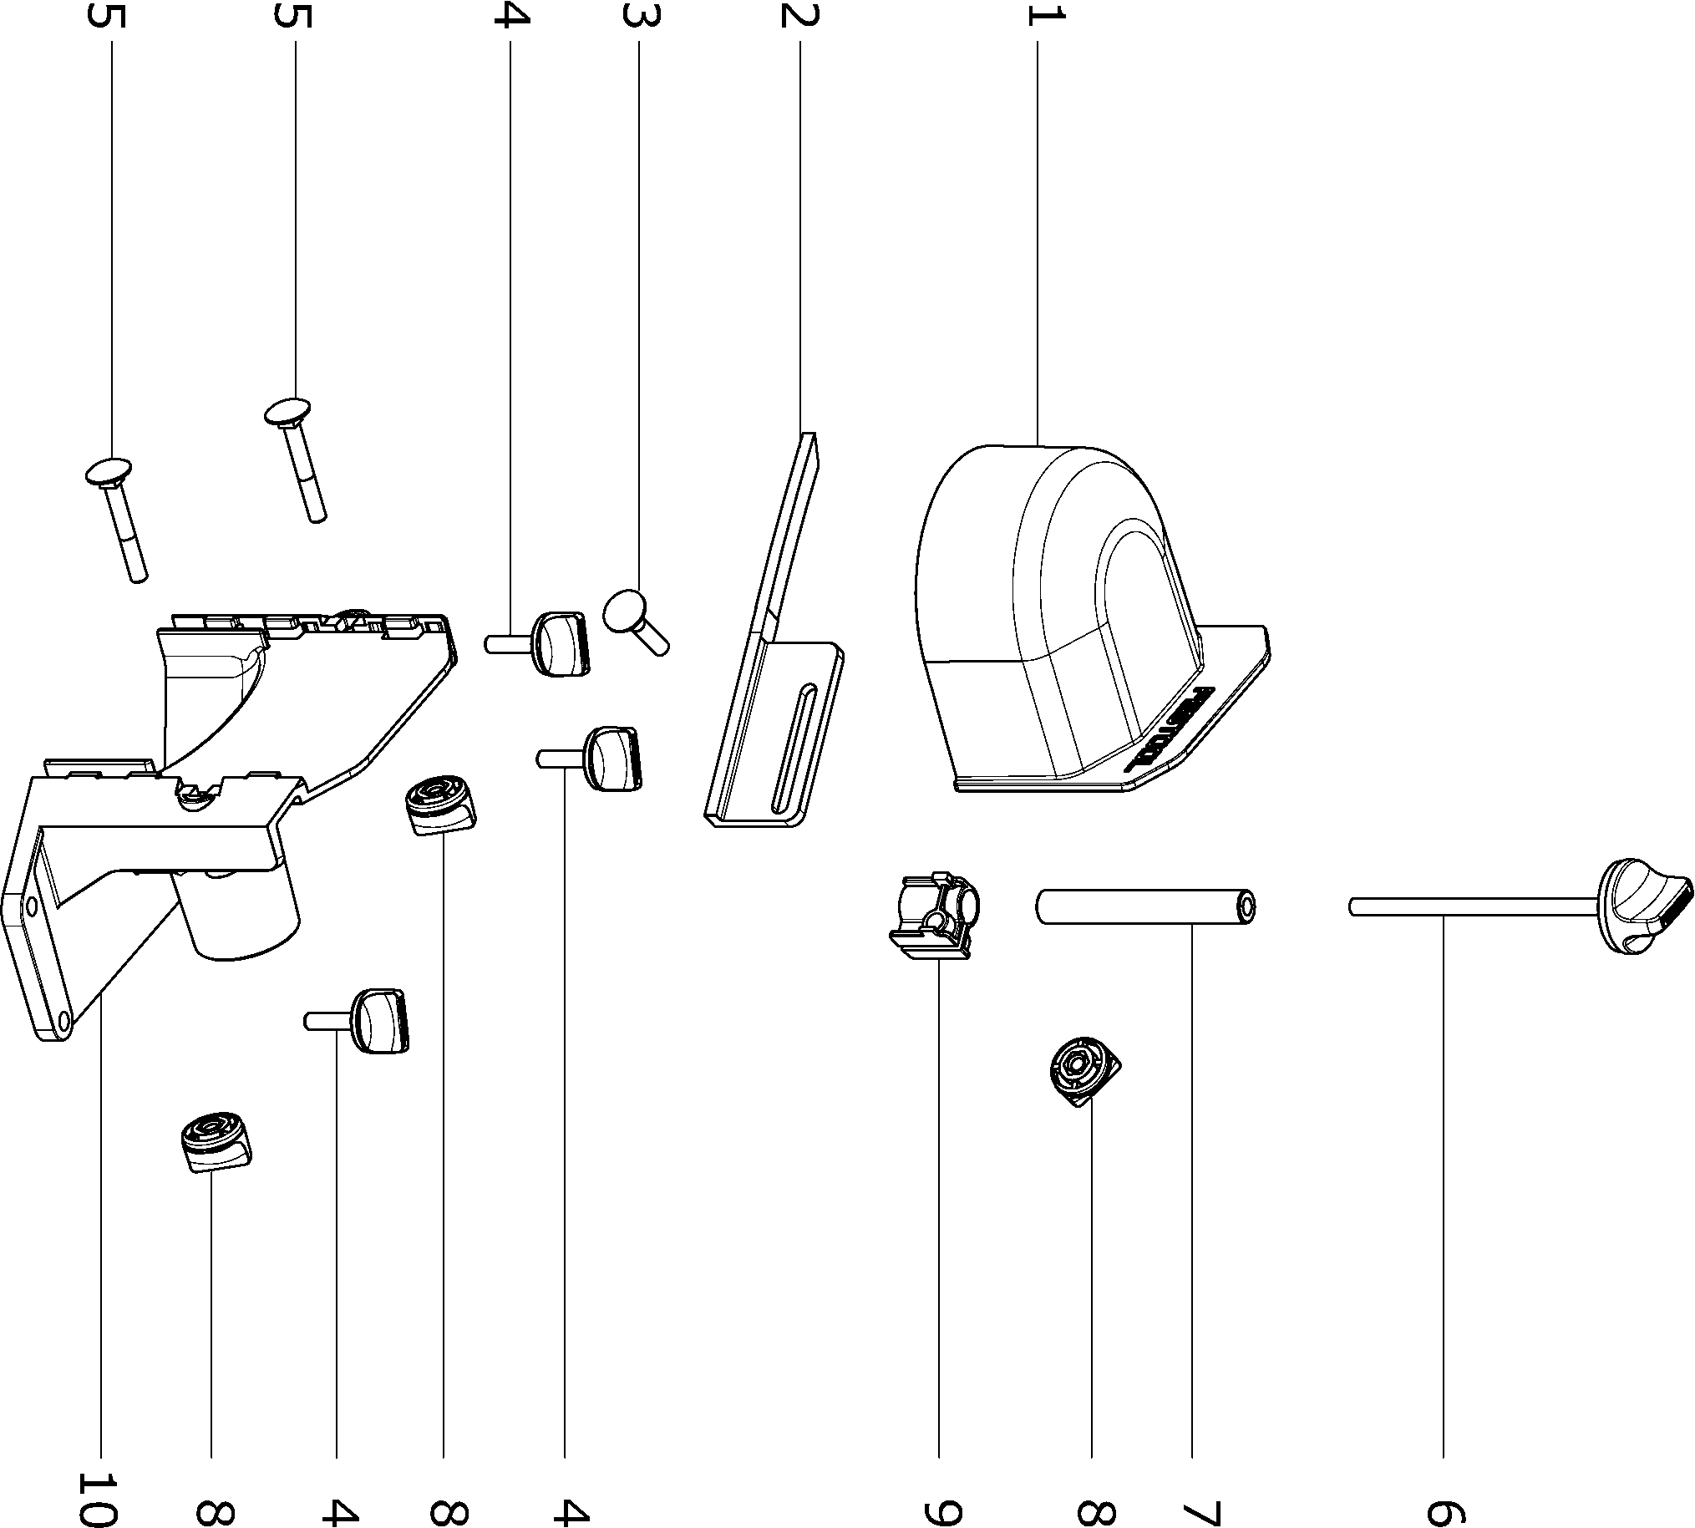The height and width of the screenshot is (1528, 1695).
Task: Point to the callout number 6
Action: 1445,1510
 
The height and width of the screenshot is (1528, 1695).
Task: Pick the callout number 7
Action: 1193,1510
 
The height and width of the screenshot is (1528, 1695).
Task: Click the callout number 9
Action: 940,1510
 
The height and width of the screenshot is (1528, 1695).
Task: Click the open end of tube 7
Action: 1247,906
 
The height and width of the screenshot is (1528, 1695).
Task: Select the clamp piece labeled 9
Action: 934,916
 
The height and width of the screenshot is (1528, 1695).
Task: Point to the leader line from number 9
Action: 939,1217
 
